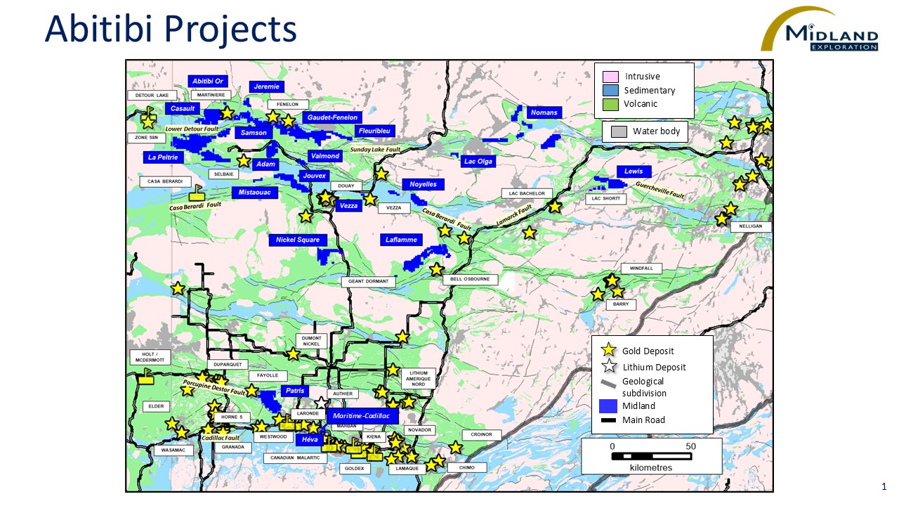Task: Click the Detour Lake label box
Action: click(152, 95)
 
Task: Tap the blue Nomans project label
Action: click(544, 112)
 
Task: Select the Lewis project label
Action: click(634, 171)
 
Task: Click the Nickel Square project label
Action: click(298, 240)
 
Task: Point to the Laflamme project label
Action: click(401, 240)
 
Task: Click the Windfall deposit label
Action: click(641, 268)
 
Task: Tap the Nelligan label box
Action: click(751, 227)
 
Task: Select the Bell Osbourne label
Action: click(470, 279)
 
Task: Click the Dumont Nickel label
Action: click(311, 341)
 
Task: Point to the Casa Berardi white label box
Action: click(165, 181)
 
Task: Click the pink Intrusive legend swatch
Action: click(610, 77)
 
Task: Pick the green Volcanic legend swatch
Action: click(610, 104)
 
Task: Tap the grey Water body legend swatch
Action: click(619, 131)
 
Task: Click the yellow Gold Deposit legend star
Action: click(610, 351)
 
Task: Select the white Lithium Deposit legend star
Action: click(610, 367)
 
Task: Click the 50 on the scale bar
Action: click(690, 446)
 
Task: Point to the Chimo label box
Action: click(467, 467)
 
